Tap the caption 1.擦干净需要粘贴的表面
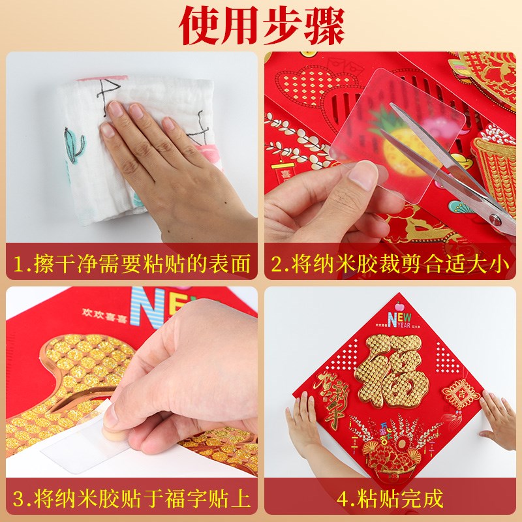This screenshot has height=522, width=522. click(x=132, y=264)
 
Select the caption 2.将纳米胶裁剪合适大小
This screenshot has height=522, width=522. click(x=390, y=264)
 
